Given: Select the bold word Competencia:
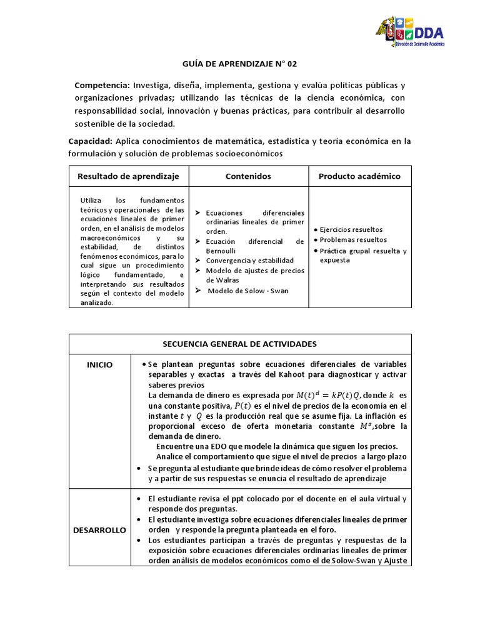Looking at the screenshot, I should (102, 85).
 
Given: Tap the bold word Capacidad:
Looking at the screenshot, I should (90, 141).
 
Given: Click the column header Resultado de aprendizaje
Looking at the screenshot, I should (128, 176).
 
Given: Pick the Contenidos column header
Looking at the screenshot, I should (248, 176).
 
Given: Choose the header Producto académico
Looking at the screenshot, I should (359, 176).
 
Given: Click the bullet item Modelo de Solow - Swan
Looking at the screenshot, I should (247, 291).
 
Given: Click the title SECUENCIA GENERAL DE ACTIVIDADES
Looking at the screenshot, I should (239, 344).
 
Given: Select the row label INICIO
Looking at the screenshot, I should (99, 365).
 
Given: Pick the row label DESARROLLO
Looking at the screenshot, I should (99, 530).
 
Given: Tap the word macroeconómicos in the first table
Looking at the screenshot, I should (112, 239).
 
